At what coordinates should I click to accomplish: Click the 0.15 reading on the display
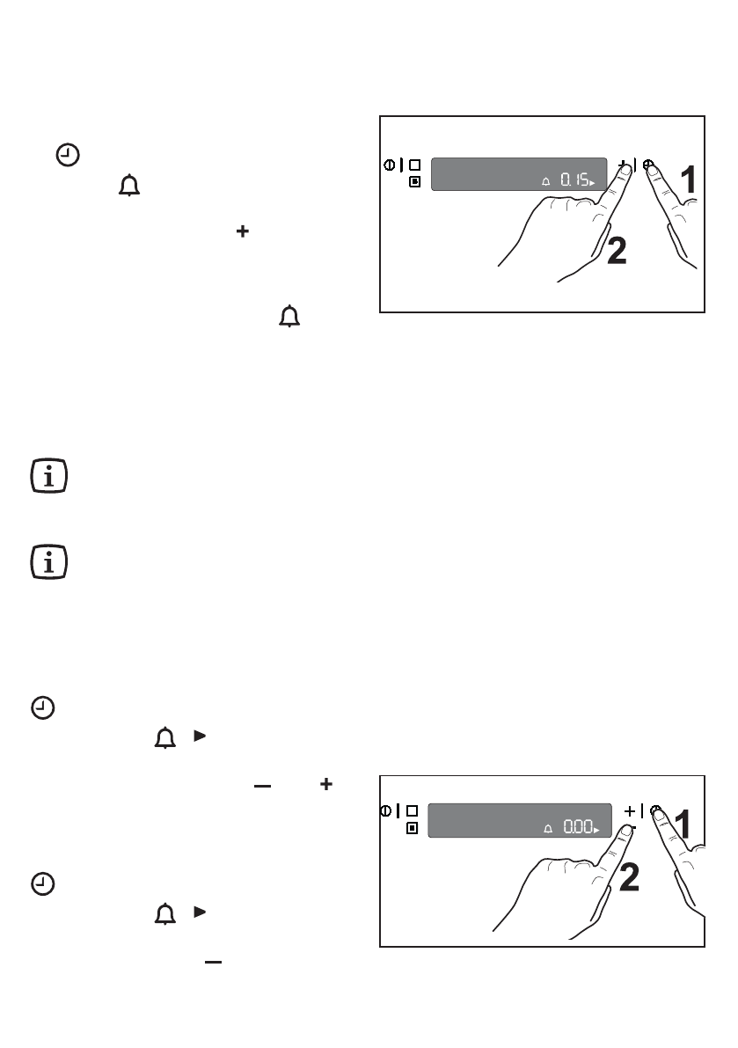pyautogui.click(x=576, y=180)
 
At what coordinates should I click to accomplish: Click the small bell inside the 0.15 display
pyautogui.click(x=545, y=181)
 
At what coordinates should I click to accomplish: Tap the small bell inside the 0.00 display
pyautogui.click(x=547, y=828)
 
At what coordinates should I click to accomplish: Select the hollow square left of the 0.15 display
pyautogui.click(x=415, y=165)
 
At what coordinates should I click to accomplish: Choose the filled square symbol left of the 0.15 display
pyautogui.click(x=415, y=182)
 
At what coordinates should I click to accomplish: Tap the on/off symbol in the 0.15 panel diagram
pyautogui.click(x=390, y=165)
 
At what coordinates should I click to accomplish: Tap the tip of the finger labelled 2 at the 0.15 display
pyautogui.click(x=625, y=171)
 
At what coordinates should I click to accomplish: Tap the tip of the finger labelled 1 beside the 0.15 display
pyautogui.click(x=654, y=170)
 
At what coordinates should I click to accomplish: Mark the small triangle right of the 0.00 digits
pyautogui.click(x=598, y=831)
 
